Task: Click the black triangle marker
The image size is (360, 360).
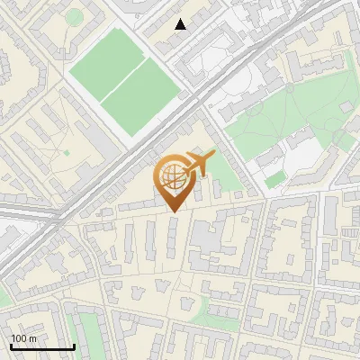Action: pyautogui.click(x=181, y=24)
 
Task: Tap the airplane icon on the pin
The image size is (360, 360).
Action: pyautogui.click(x=197, y=164)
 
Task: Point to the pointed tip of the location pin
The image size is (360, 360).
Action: pyautogui.click(x=173, y=211)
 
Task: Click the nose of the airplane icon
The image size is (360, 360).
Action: pyautogui.click(x=214, y=155)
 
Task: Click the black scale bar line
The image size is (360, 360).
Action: pyautogui.click(x=41, y=346)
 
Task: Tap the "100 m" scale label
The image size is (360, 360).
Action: pyautogui.click(x=23, y=338)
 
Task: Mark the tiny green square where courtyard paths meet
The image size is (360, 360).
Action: pyautogui.click(x=66, y=153)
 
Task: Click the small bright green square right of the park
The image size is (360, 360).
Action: pyautogui.click(x=274, y=181)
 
